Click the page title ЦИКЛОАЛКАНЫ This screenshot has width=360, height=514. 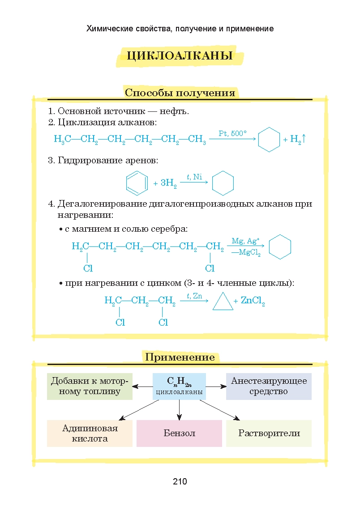click(179, 56)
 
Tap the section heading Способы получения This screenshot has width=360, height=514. click(180, 93)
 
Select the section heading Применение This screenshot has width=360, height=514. click(180, 357)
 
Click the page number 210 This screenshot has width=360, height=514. click(180, 482)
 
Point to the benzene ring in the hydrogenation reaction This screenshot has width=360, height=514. click(136, 183)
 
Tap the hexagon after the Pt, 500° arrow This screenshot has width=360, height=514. click(270, 139)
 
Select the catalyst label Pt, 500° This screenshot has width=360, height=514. click(232, 133)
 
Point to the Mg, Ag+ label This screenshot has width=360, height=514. click(245, 241)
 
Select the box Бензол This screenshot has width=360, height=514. click(179, 433)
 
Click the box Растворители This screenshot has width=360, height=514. click(269, 433)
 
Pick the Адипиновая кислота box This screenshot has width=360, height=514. click(90, 433)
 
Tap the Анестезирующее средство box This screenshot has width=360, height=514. click(269, 386)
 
